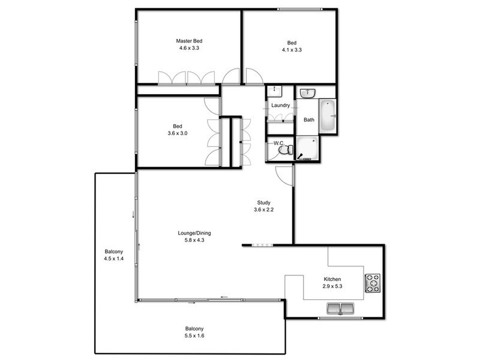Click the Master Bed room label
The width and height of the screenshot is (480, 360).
(x=188, y=41)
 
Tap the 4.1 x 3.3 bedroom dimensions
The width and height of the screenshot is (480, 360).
(x=292, y=50)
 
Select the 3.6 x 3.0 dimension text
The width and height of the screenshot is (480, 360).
(x=177, y=134)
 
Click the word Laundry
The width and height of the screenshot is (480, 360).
(x=280, y=106)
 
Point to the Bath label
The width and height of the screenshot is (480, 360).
(x=308, y=120)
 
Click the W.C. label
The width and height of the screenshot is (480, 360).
(x=278, y=143)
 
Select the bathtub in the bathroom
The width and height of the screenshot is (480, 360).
(x=327, y=116)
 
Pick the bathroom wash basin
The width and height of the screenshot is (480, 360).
(x=308, y=93)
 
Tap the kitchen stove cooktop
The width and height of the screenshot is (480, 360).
(x=373, y=283)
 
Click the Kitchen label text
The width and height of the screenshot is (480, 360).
(x=332, y=280)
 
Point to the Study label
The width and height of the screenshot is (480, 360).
(x=263, y=202)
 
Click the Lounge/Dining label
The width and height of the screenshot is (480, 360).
(x=194, y=233)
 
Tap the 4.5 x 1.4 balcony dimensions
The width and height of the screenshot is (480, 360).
(x=114, y=259)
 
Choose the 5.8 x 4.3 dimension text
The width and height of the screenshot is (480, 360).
(x=194, y=241)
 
